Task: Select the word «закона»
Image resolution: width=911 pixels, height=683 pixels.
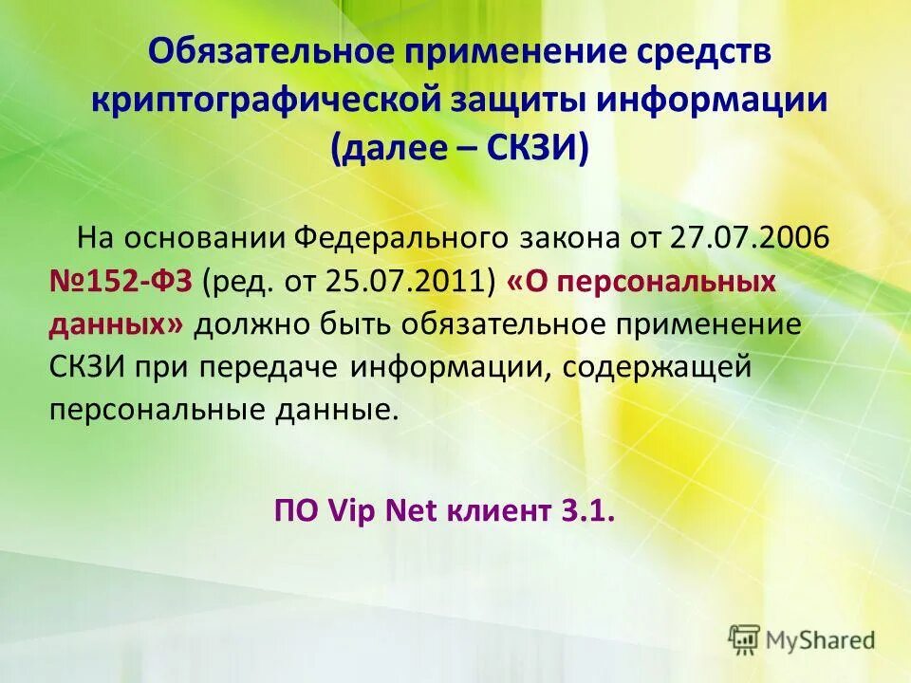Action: tap(567, 235)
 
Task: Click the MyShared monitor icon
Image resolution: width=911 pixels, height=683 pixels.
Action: tap(745, 639)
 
